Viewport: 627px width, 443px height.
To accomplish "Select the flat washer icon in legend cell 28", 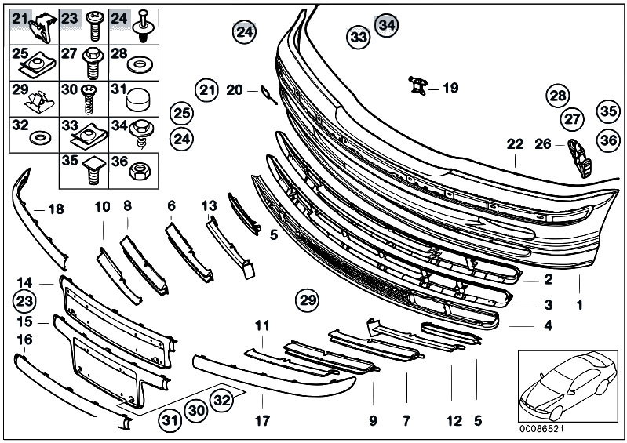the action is click(x=140, y=65).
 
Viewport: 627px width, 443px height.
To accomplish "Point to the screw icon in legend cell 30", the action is click(x=91, y=99).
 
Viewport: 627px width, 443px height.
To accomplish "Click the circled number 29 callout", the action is click(x=308, y=300).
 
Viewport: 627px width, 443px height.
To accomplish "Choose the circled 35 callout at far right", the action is click(x=608, y=111).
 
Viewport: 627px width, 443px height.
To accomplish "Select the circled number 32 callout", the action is click(x=221, y=399).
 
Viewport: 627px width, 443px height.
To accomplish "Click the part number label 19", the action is click(x=450, y=88).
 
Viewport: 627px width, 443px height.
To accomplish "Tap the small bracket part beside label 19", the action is click(x=417, y=85).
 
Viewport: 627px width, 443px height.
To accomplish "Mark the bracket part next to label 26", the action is click(x=580, y=158).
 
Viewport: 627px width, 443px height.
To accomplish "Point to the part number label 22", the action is click(x=515, y=143).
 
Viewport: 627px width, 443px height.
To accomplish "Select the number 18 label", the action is click(x=56, y=209).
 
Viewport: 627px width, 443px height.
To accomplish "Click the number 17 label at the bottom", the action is click(x=262, y=420).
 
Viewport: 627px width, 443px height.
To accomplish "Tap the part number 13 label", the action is click(x=209, y=205).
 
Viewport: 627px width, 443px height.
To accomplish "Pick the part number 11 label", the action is click(x=262, y=325).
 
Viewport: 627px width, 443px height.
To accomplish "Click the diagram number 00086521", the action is click(x=541, y=429).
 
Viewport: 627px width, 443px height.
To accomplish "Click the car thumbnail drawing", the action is click(x=568, y=386).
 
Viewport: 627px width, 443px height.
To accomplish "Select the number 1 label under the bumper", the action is click(x=579, y=306).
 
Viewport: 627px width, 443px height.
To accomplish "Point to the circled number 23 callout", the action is click(x=24, y=300).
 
